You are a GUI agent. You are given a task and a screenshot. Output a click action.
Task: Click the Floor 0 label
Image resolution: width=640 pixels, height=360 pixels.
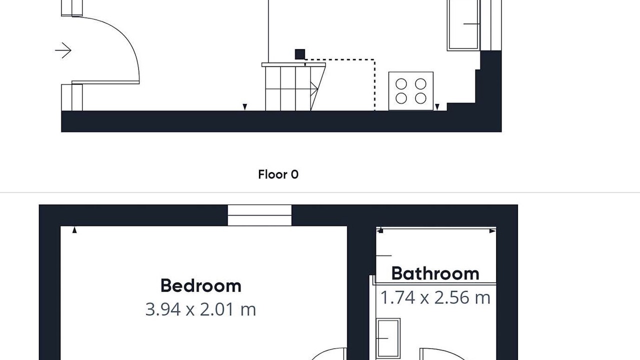[x=278, y=174]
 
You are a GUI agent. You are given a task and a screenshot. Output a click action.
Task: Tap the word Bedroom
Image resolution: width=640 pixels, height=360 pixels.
[x=201, y=285]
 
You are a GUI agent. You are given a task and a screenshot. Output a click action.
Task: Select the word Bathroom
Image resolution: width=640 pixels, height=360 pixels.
[x=435, y=273]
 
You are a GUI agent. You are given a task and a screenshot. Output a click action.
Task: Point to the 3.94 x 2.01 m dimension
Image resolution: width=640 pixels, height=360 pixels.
[x=200, y=309]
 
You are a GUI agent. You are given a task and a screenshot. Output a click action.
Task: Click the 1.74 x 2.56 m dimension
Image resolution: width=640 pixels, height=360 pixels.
[x=435, y=297]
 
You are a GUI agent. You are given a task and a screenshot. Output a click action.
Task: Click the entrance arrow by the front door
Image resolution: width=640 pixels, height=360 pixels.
[x=63, y=50]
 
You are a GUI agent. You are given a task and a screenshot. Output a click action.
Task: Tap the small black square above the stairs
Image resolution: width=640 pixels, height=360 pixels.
[x=300, y=54]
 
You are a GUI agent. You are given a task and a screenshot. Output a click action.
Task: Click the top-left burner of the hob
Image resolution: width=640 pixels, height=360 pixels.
[x=401, y=84]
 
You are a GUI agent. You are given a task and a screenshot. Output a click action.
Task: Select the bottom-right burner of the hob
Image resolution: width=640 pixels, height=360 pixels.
[x=420, y=98]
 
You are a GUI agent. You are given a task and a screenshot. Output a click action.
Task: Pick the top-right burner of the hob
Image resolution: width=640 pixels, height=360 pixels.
[x=420, y=84]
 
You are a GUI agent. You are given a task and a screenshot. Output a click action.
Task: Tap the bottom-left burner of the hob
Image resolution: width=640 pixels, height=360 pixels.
[x=401, y=98]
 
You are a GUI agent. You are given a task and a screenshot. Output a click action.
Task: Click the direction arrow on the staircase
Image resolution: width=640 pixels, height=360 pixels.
[x=314, y=89]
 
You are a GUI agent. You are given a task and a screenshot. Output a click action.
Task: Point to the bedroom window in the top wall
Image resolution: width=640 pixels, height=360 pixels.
[x=259, y=215]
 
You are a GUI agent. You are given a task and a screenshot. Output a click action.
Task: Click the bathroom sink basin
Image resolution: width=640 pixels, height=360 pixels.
[x=388, y=338]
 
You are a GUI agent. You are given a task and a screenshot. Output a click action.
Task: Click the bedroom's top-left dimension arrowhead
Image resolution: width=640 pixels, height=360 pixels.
[x=74, y=229]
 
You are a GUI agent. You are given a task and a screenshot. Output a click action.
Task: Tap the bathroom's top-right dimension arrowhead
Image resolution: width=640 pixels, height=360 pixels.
[x=492, y=231]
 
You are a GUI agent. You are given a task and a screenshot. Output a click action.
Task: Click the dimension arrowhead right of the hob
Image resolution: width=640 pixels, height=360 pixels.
[x=437, y=107]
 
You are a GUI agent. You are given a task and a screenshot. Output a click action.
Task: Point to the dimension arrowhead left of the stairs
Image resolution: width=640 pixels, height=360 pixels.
[x=244, y=107]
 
